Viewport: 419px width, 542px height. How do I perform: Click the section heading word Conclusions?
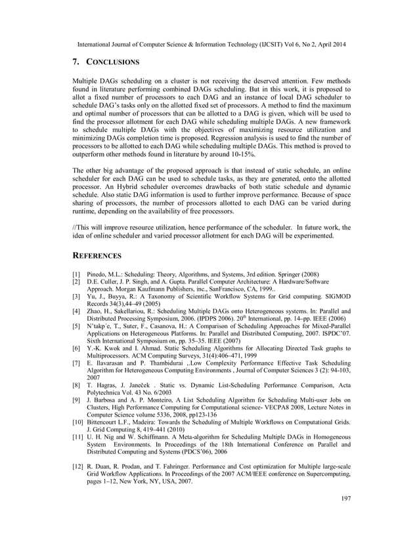tap(112, 62)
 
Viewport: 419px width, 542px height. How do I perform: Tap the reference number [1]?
tap(76, 272)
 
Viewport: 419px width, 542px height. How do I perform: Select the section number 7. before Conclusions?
tap(76, 62)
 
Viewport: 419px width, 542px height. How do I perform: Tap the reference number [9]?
tap(76, 399)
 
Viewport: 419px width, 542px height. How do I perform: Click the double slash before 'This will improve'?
tap(74, 227)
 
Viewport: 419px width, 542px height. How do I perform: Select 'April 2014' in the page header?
tap(328, 44)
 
